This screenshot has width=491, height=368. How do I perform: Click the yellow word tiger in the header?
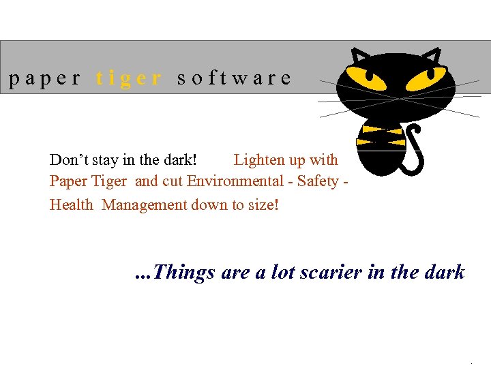[x=130, y=78]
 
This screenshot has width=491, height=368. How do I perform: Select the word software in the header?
[x=234, y=78]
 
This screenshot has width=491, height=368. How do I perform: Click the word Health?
[x=71, y=204]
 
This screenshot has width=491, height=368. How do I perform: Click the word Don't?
[x=68, y=160]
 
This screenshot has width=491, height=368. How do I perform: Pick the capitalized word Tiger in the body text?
[x=111, y=181]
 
